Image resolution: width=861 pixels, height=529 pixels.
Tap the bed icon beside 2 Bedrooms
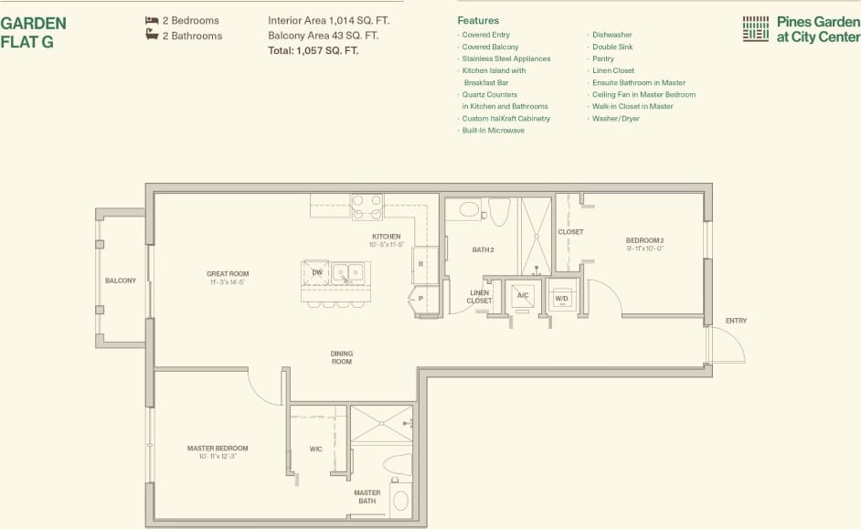(x=152, y=19)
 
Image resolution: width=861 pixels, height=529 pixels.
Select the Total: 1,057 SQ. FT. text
(x=313, y=51)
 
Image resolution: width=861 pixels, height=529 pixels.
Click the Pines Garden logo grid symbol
(x=755, y=28)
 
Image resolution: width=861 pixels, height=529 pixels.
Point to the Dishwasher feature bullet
(x=611, y=35)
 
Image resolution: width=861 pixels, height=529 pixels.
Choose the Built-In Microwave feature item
(x=493, y=131)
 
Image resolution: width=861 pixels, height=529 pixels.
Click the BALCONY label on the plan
(x=120, y=280)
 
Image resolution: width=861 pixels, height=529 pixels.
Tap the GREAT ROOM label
(x=228, y=274)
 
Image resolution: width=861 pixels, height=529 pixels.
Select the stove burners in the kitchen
(x=367, y=207)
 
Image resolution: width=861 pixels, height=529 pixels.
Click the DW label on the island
(x=317, y=272)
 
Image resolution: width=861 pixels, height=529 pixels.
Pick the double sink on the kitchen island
(x=348, y=272)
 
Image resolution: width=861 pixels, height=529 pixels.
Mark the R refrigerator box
(x=420, y=263)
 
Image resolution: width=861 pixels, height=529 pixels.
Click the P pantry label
(x=420, y=298)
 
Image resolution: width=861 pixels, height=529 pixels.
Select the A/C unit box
(x=523, y=295)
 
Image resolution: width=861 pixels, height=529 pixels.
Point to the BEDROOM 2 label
(x=644, y=240)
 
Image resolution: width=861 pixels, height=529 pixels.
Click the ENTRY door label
(x=736, y=321)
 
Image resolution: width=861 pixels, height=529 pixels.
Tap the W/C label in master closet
(x=315, y=449)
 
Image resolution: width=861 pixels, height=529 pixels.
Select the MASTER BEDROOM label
(x=218, y=449)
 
